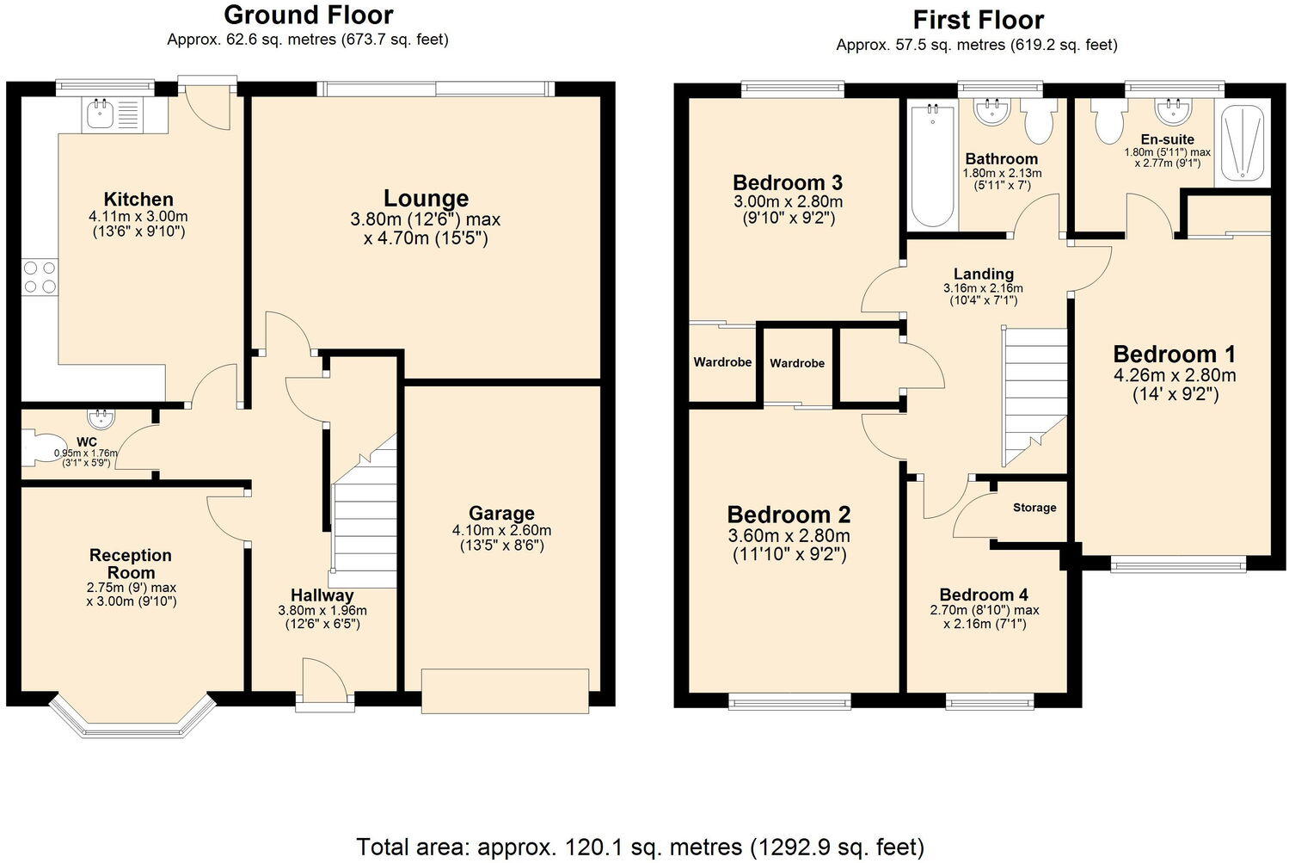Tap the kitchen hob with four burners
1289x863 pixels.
[x=40, y=277]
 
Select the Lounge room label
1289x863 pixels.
[x=426, y=199]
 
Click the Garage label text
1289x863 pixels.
[x=501, y=514]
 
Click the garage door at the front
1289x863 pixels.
[x=505, y=690]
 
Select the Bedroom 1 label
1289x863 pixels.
[x=1174, y=354]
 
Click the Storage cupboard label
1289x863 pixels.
[x=1034, y=508]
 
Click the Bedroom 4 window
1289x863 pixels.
[x=990, y=701]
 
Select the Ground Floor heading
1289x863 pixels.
[x=308, y=15]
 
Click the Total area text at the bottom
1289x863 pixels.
[x=640, y=847]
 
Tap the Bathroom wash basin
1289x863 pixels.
[x=993, y=112]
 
